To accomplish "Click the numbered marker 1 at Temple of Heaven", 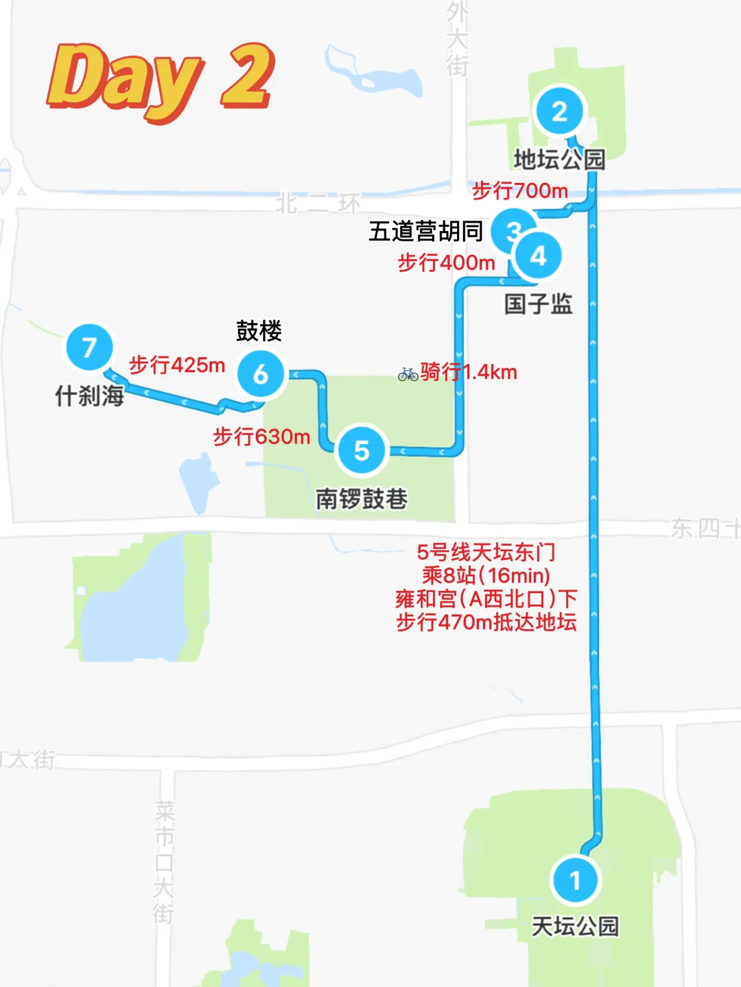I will (x=575, y=880).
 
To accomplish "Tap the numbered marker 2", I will (x=559, y=112).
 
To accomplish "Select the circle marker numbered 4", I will (x=539, y=256).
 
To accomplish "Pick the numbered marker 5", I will (x=362, y=450).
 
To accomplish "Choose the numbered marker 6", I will (x=261, y=374).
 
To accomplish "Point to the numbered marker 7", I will (x=89, y=348).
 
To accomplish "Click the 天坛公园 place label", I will (x=575, y=927).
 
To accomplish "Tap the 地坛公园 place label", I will (x=559, y=160).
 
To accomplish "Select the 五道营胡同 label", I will (x=426, y=232).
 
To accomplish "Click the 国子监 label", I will (x=539, y=304).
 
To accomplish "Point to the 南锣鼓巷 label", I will (x=362, y=498).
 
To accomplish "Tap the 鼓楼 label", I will (x=259, y=331).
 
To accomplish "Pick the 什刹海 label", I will (x=89, y=395).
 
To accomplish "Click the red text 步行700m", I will (x=520, y=191).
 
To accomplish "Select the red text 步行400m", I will (x=447, y=263).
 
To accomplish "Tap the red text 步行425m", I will (x=177, y=365).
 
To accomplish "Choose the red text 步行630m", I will (x=261, y=436).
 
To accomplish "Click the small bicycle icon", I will (x=408, y=374).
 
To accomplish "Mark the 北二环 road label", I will (x=318, y=204).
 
